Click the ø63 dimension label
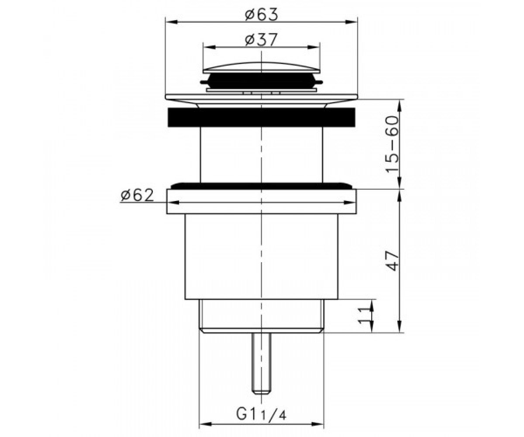(262, 15)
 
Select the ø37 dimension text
(261, 40)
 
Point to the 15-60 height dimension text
(392, 144)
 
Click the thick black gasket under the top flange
(262, 117)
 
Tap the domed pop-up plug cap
(262, 67)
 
